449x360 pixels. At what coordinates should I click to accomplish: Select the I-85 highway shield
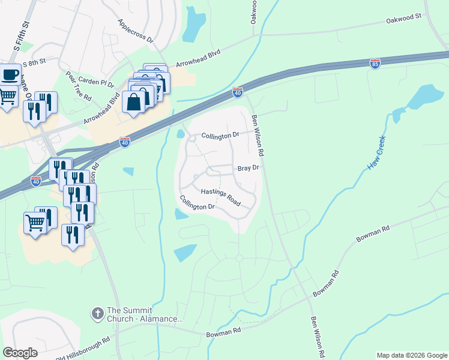(375, 63)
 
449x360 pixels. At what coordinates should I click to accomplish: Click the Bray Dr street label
(248, 169)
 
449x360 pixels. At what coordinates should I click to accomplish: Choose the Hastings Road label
(220, 197)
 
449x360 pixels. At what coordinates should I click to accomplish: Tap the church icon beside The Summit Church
(97, 313)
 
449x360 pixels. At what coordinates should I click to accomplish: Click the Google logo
(20, 353)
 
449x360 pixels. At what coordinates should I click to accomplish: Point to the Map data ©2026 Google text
(412, 355)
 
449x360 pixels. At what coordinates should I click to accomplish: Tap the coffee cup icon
(10, 75)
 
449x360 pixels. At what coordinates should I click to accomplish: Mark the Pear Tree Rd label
(79, 86)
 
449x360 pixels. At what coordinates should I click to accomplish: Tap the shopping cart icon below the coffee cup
(7, 95)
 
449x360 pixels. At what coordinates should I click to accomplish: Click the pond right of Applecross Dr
(193, 25)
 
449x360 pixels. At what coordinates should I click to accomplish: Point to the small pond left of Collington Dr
(181, 134)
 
